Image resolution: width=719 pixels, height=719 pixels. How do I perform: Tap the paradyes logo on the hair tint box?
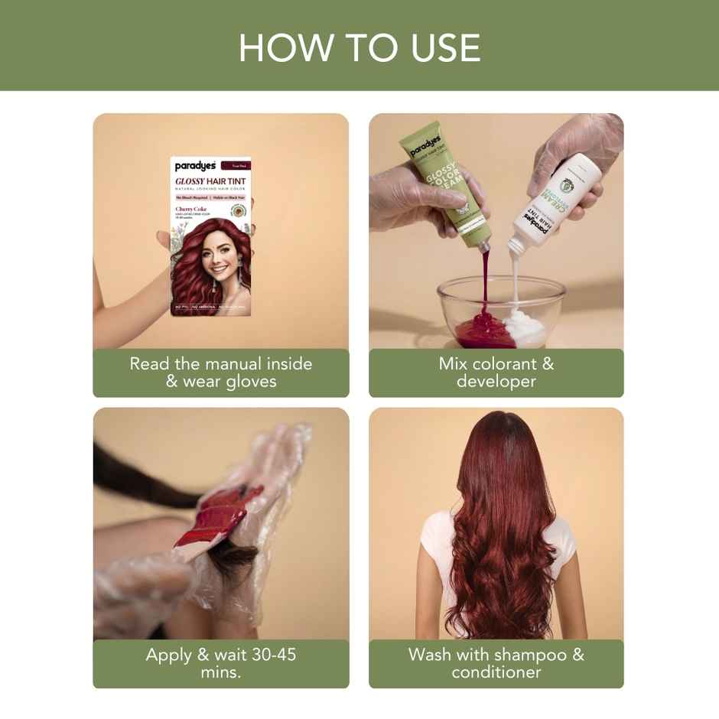[191, 165]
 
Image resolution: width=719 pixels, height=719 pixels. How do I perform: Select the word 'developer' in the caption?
[496, 381]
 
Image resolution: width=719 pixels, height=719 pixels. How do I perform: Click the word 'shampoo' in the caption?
[530, 655]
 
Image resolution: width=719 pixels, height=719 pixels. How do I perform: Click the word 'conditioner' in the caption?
[496, 672]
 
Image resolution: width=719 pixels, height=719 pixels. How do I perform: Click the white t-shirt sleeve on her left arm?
[433, 535]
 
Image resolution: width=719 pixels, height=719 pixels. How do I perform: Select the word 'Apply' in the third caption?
[170, 655]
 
